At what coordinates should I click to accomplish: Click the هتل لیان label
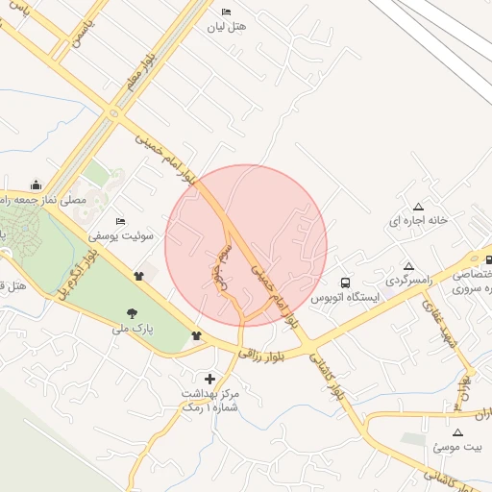[x=227, y=28]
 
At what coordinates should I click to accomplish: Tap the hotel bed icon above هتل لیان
[x=227, y=12]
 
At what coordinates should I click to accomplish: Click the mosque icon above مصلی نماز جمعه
[x=37, y=184]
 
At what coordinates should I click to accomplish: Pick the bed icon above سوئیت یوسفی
[x=120, y=221]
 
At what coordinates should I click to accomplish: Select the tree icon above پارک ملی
[x=132, y=313]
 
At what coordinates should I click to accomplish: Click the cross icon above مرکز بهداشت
[x=209, y=379]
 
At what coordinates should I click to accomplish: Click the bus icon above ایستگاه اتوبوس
[x=344, y=283]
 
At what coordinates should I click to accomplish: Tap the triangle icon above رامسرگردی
[x=409, y=266]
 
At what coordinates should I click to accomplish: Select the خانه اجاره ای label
[x=418, y=221]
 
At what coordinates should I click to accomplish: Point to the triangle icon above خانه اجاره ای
[x=418, y=207]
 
